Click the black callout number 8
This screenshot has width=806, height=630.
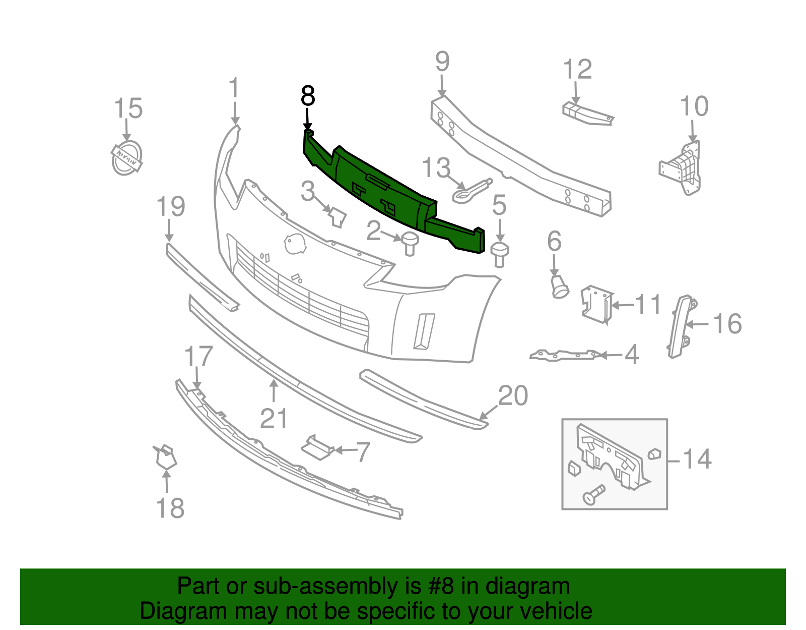pyautogui.click(x=308, y=96)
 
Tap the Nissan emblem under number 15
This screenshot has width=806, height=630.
pyautogui.click(x=126, y=158)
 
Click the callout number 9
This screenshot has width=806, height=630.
pyautogui.click(x=442, y=62)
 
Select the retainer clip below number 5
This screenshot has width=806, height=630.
pyautogui.click(x=499, y=254)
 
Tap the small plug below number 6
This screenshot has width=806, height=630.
pyautogui.click(x=559, y=286)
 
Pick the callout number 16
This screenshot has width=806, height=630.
pyautogui.click(x=727, y=324)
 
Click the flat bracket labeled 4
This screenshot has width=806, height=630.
pyautogui.click(x=564, y=355)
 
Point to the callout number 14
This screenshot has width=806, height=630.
pyautogui.click(x=697, y=459)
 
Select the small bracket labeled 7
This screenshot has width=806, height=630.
pyautogui.click(x=316, y=448)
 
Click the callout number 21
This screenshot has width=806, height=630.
pyautogui.click(x=274, y=418)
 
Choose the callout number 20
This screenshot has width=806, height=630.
pyautogui.click(x=513, y=395)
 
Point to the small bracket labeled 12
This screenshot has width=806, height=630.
pyautogui.click(x=587, y=114)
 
